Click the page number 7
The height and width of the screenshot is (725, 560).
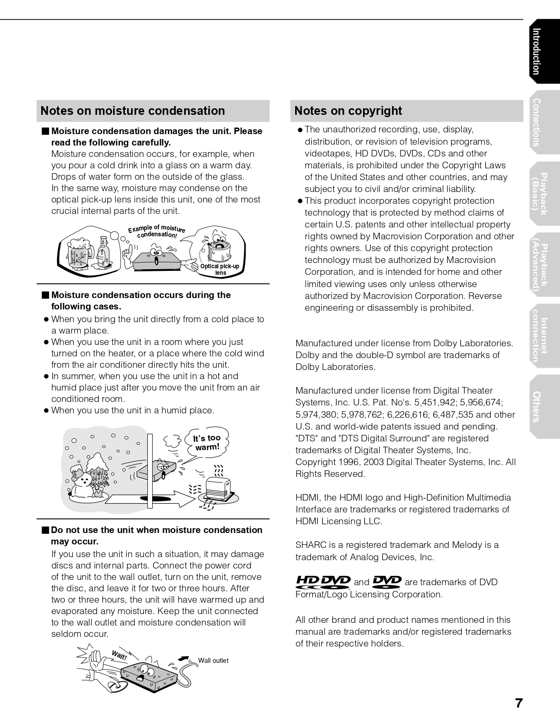(519, 703)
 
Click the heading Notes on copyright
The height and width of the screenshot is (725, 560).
(348, 111)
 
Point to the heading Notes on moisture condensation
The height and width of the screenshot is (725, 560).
(132, 111)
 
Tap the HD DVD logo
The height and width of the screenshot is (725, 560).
(323, 582)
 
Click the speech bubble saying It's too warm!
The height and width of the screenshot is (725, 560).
(207, 443)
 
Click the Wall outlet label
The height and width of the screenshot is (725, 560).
(213, 661)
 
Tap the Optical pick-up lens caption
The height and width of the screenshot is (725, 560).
(220, 270)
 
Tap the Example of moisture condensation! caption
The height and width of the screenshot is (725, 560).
(157, 231)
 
